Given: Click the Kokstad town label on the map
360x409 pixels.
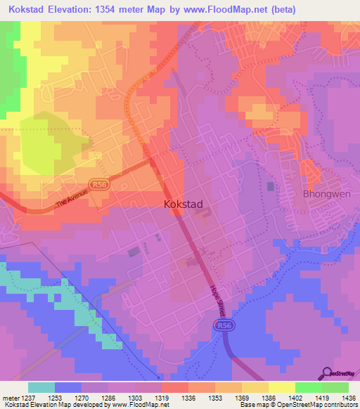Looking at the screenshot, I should (x=183, y=204).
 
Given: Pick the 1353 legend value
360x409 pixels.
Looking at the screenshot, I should (x=214, y=397).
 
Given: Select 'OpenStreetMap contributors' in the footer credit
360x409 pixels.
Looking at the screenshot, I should (x=321, y=405).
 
